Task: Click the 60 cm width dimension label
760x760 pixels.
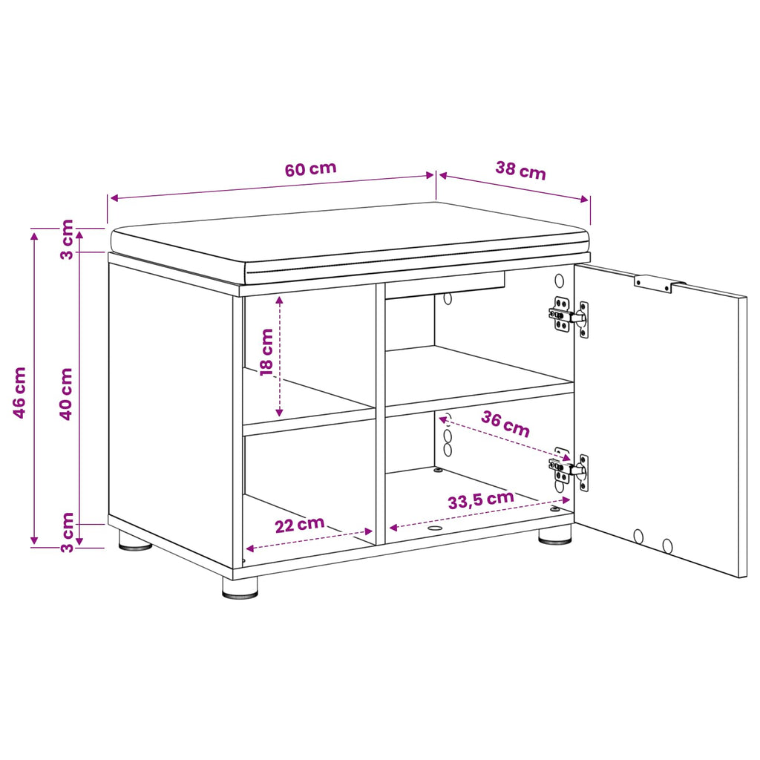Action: pyautogui.click(x=310, y=168)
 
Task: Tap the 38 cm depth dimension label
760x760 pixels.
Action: pyautogui.click(x=520, y=170)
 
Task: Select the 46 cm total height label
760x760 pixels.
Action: pyautogui.click(x=19, y=393)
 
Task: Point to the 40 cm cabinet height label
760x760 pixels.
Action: pyautogui.click(x=66, y=393)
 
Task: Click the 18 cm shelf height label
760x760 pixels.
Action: pyautogui.click(x=266, y=352)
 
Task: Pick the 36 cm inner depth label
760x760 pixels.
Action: pyautogui.click(x=505, y=424)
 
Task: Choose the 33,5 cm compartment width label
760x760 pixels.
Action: pyautogui.click(x=481, y=499)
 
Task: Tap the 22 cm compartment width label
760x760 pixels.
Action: pyautogui.click(x=300, y=525)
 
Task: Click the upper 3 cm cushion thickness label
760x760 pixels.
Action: pyautogui.click(x=67, y=240)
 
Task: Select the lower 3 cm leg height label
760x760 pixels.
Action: pyautogui.click(x=67, y=532)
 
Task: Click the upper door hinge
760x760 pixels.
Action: pyautogui.click(x=569, y=316)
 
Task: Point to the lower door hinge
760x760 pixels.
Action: pyautogui.click(x=569, y=469)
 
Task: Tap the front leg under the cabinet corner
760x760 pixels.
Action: pyautogui.click(x=240, y=588)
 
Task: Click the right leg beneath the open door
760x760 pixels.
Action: pyautogui.click(x=555, y=536)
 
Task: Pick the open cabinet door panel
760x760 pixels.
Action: pyautogui.click(x=660, y=420)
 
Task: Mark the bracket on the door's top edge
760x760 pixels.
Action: pyautogui.click(x=659, y=284)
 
